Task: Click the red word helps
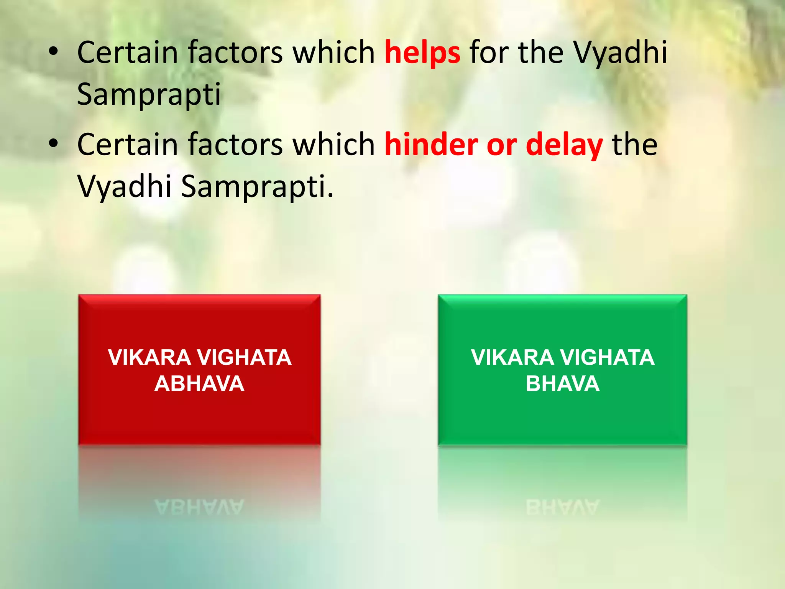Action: pyautogui.click(x=422, y=53)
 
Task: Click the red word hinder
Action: pyautogui.click(x=431, y=145)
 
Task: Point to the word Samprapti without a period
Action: pyautogui.click(x=149, y=94)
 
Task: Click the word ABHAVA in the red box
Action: pyautogui.click(x=199, y=384)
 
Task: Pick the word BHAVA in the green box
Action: pyautogui.click(x=562, y=384)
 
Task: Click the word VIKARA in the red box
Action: pyautogui.click(x=149, y=357)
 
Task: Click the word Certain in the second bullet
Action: pyautogui.click(x=128, y=145)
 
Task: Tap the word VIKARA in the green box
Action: pyautogui.click(x=512, y=357)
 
